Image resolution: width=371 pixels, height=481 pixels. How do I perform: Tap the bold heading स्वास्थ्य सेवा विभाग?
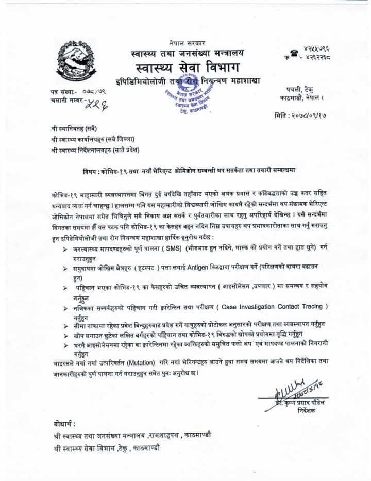point(187,68)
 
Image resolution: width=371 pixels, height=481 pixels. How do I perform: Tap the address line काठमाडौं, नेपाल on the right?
point(299,97)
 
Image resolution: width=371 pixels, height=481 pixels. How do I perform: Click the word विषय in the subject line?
point(91,170)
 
